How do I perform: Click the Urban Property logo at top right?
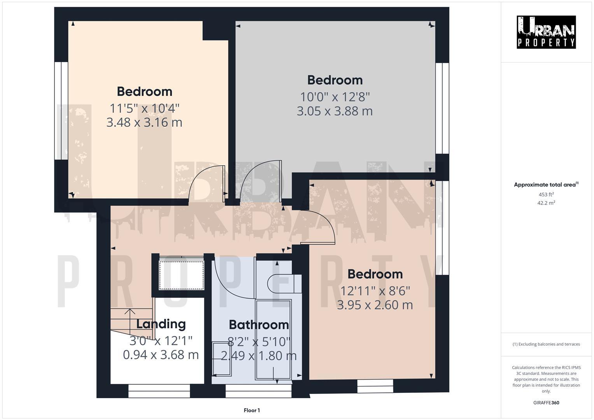pyautogui.click(x=546, y=32)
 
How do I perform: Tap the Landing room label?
pyautogui.click(x=161, y=324)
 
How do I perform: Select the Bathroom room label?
pyautogui.click(x=259, y=325)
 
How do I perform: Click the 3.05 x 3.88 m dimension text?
pyautogui.click(x=335, y=111)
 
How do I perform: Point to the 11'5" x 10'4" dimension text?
pyautogui.click(x=144, y=107)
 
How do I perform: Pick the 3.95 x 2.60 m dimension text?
pyautogui.click(x=375, y=305)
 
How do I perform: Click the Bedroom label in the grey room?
pyautogui.click(x=335, y=80)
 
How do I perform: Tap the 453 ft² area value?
pyautogui.click(x=546, y=194)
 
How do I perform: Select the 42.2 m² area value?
pyautogui.click(x=546, y=203)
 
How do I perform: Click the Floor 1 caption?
pyautogui.click(x=252, y=410)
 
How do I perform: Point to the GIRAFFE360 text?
pyautogui.click(x=546, y=402)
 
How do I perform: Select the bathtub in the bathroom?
pyautogui.click(x=273, y=339)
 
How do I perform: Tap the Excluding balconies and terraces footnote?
pyautogui.click(x=546, y=344)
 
